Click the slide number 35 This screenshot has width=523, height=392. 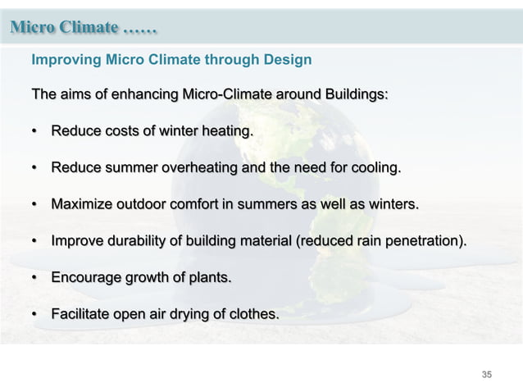(x=487, y=375)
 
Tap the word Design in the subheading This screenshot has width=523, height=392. (x=288, y=60)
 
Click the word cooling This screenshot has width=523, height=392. (x=373, y=168)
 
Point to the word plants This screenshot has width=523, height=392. (x=208, y=277)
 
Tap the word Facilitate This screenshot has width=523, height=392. (x=81, y=314)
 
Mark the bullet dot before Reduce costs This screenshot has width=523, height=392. (x=34, y=132)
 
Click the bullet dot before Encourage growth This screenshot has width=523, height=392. (x=34, y=278)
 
